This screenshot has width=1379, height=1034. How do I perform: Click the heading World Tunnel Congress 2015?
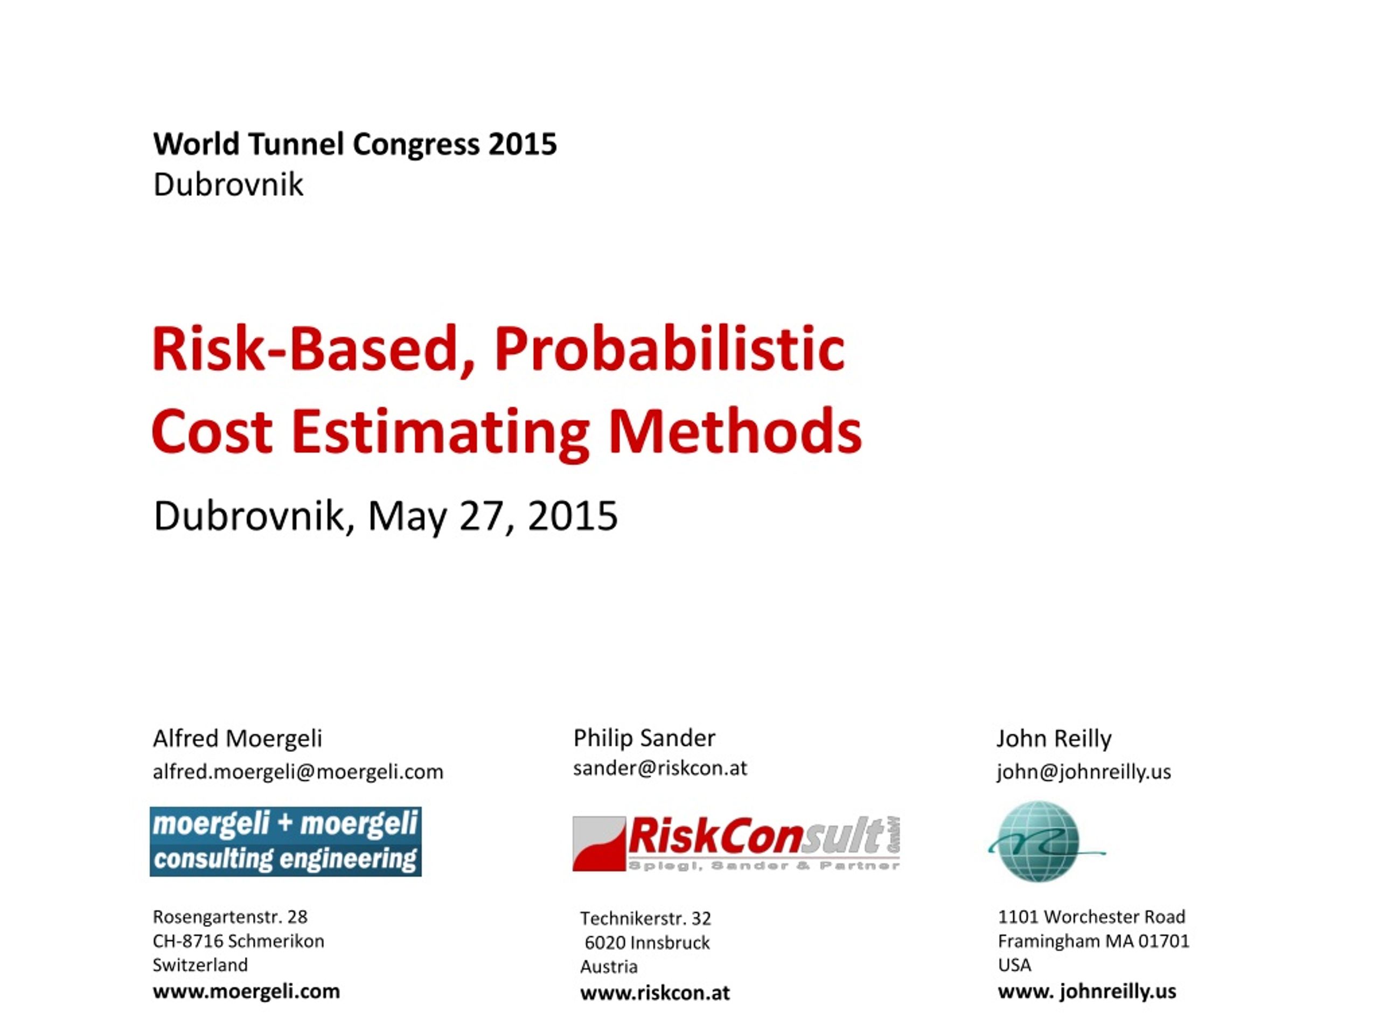pyautogui.click(x=355, y=144)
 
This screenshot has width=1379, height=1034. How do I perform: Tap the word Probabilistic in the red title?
pyautogui.click(x=670, y=349)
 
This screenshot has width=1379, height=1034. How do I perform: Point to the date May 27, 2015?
pyautogui.click(x=492, y=516)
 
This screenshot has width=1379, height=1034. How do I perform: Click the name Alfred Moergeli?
pyautogui.click(x=238, y=738)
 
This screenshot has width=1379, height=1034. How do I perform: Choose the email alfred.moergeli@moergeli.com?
pyautogui.click(x=298, y=772)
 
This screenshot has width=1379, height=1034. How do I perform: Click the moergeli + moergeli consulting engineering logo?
pyautogui.click(x=285, y=841)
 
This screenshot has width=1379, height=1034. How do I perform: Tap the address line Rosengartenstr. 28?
pyautogui.click(x=230, y=916)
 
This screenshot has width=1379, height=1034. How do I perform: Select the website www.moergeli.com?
pyautogui.click(x=246, y=991)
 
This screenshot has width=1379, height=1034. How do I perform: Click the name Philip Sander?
pyautogui.click(x=644, y=738)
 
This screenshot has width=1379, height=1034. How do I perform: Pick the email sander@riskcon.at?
pyautogui.click(x=659, y=768)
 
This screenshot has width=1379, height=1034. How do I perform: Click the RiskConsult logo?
pyautogui.click(x=736, y=843)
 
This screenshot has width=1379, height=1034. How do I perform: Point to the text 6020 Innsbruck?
pyautogui.click(x=647, y=942)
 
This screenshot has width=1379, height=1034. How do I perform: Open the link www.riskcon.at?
pyautogui.click(x=654, y=992)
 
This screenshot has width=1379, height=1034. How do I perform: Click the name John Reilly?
pyautogui.click(x=1054, y=738)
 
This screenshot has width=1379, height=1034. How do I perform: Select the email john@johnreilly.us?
pyautogui.click(x=1083, y=772)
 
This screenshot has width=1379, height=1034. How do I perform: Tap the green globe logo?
pyautogui.click(x=1039, y=841)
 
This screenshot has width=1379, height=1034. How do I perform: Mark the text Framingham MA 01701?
pyautogui.click(x=1094, y=940)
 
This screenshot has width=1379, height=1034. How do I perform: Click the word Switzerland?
pyautogui.click(x=200, y=965)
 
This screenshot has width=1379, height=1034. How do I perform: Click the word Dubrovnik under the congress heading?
pyautogui.click(x=228, y=185)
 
